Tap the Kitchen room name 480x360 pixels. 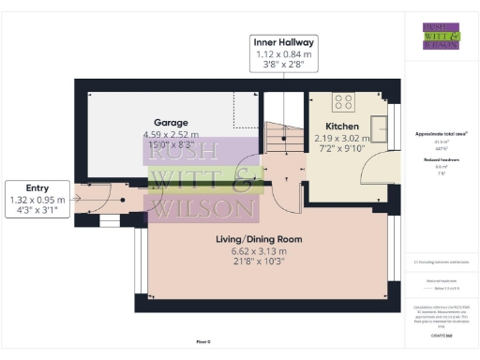tap(341, 126)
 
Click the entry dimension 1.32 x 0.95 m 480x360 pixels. tap(37, 200)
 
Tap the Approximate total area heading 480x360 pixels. tap(441, 134)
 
